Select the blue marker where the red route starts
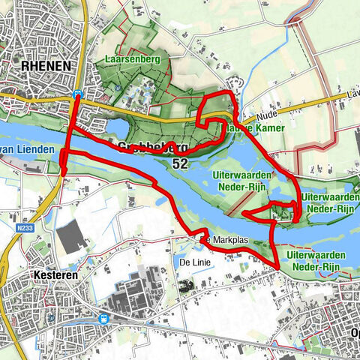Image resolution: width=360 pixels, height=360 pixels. pos(78,92)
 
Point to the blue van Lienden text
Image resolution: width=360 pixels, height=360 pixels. pos(28,150)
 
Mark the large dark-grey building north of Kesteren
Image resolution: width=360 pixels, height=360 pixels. pos(71,236)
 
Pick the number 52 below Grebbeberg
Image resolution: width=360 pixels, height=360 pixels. pos(179,162)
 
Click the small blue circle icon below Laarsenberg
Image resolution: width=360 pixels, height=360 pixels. pos(118,87)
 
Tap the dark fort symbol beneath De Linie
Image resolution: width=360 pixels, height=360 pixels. pos(184,283)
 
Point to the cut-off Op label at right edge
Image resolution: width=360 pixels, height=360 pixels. pos(353,332)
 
